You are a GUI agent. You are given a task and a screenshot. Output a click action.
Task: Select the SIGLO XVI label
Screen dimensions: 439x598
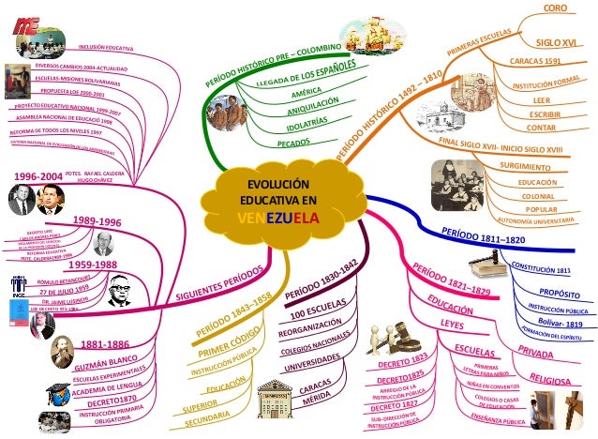[x=556, y=42]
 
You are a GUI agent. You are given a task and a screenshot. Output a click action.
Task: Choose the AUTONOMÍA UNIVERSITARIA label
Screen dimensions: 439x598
[x=534, y=221]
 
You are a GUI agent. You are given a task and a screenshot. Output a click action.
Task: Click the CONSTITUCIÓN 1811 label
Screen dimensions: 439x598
[x=541, y=270]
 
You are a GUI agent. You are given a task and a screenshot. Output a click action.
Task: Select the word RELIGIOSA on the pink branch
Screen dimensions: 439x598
[x=552, y=379]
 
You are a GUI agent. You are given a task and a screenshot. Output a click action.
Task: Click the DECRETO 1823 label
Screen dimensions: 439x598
[x=403, y=359]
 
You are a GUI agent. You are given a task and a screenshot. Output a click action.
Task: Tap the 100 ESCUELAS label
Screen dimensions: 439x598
[x=316, y=312]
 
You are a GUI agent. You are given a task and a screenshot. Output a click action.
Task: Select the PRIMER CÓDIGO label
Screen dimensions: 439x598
[x=229, y=341]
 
